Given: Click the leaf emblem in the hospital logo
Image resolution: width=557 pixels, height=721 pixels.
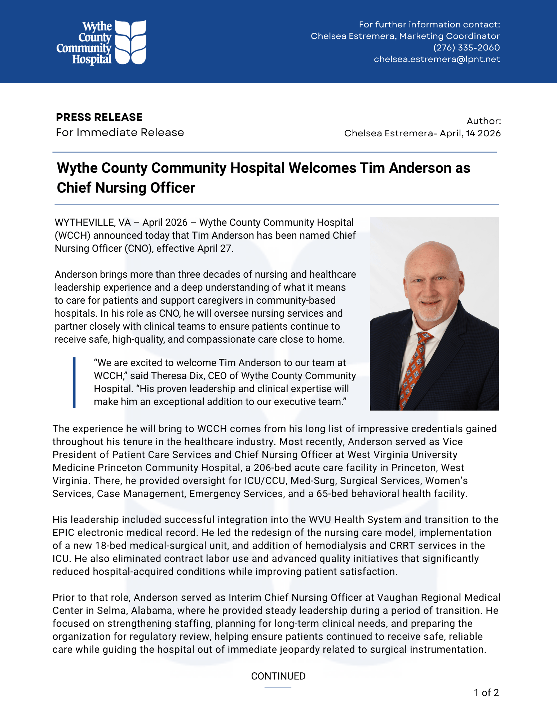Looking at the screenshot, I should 131,42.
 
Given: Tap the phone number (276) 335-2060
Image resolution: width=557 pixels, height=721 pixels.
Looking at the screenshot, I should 466,48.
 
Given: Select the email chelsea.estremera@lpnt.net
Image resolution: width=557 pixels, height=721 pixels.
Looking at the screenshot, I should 437,59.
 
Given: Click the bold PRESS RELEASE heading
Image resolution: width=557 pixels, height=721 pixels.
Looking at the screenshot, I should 99,117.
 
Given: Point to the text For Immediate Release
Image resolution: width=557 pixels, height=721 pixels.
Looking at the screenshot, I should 120,132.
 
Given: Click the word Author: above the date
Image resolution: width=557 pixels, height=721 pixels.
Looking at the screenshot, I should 483,121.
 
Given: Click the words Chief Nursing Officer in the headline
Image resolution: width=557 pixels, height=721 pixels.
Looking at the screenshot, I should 126,188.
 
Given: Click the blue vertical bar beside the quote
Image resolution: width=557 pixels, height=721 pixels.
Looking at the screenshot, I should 74,382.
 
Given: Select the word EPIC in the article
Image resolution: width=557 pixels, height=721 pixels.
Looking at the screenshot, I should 63,533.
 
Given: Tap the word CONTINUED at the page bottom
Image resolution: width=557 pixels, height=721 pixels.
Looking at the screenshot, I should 278,676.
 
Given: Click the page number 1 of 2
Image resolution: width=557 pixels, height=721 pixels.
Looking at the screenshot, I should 486,693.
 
